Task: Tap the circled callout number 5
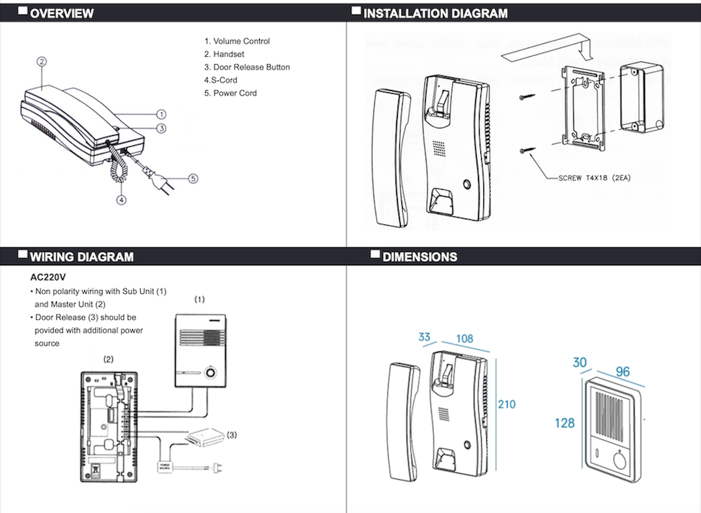pyautogui.click(x=193, y=178)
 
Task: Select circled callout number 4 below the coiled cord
pyautogui.click(x=121, y=199)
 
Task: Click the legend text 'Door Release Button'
pyautogui.click(x=247, y=67)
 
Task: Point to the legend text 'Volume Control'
pyautogui.click(x=237, y=41)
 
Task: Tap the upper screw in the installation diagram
pyautogui.click(x=525, y=97)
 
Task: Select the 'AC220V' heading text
pyautogui.click(x=49, y=279)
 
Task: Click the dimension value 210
pyautogui.click(x=507, y=404)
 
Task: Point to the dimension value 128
pyautogui.click(x=564, y=423)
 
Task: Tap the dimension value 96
pyautogui.click(x=623, y=372)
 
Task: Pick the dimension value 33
pyautogui.click(x=424, y=337)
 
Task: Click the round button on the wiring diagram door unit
pyautogui.click(x=211, y=373)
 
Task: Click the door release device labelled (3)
pyautogui.click(x=204, y=438)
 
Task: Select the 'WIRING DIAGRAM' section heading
pyautogui.click(x=81, y=257)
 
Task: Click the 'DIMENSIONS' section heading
pyautogui.click(x=420, y=257)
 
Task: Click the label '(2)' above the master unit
pyautogui.click(x=108, y=359)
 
